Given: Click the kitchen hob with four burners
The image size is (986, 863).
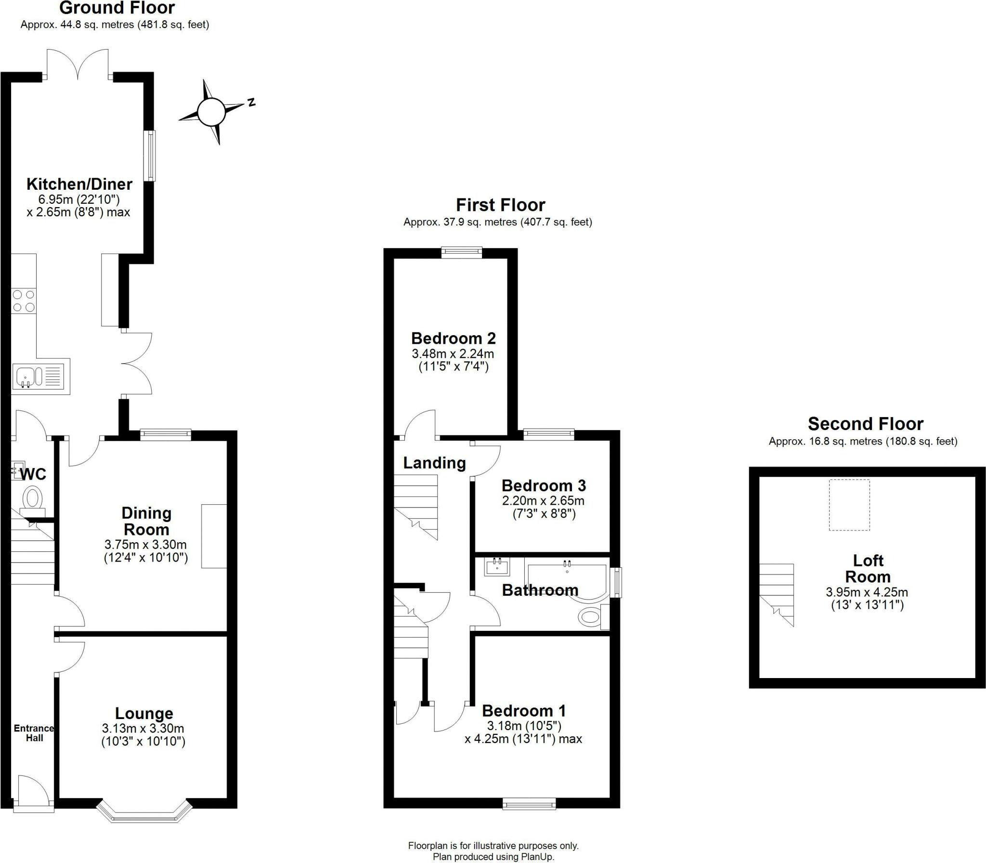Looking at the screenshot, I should tap(24, 301).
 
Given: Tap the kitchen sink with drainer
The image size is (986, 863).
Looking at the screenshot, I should tap(40, 376).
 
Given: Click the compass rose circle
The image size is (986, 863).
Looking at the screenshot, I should tap(211, 112).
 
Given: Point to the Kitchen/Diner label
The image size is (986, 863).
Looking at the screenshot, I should tap(79, 184).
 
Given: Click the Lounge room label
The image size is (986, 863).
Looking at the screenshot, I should tap(144, 713).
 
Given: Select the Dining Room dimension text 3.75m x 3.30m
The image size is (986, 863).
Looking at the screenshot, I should tap(145, 545).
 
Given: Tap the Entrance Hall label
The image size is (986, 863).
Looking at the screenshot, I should tap(34, 733).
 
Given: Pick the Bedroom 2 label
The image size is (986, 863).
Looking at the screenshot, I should tap(453, 338).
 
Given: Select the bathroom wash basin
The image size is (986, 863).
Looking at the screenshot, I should tap(497, 567).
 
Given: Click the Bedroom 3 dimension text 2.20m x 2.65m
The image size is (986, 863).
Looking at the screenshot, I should tap(543, 501).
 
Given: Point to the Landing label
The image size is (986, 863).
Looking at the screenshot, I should tap(434, 463).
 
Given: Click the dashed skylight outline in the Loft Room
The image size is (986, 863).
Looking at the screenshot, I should tap(849, 505).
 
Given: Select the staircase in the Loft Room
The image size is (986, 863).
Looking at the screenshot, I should tap(777, 594).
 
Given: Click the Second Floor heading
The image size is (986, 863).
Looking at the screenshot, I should tap(865, 424).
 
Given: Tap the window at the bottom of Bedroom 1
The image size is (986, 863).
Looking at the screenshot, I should tap(529, 803).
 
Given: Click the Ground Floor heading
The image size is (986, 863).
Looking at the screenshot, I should tap(117, 8).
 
